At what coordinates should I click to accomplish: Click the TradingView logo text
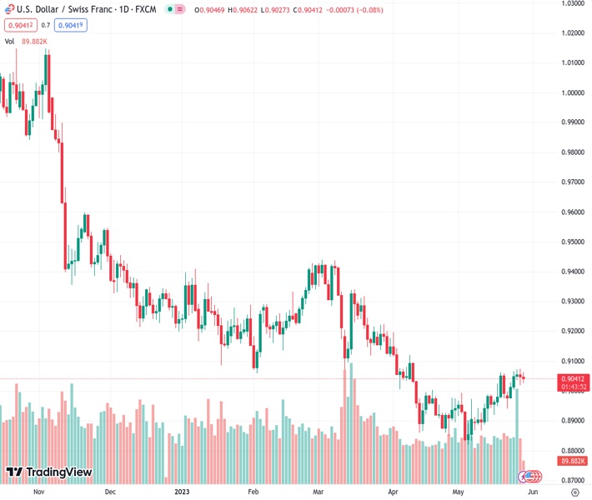[x=59, y=472]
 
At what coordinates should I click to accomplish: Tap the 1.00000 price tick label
[x=571, y=93]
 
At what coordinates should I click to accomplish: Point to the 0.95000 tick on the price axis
[x=571, y=242]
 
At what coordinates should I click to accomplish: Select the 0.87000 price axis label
[x=571, y=481]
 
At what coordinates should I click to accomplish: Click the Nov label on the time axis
[x=38, y=492]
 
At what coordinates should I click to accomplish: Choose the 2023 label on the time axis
[x=182, y=492]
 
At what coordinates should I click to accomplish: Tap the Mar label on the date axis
[x=317, y=492]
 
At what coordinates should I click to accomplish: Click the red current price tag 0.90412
[x=571, y=379]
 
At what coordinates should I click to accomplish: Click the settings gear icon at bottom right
[x=574, y=492]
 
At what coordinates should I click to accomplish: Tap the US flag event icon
[x=529, y=476]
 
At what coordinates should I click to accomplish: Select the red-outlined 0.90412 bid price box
[x=19, y=25]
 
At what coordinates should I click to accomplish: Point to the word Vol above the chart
[x=10, y=41]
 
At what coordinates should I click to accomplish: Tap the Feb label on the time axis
[x=253, y=492]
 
